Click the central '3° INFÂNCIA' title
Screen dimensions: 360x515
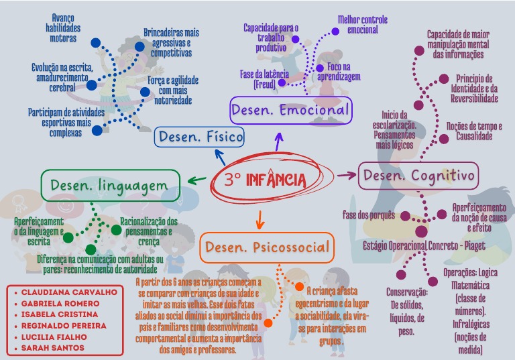[266, 180]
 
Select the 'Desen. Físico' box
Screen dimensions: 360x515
[199, 137]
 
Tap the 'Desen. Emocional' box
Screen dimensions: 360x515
[290, 110]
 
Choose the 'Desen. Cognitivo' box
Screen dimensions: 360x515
[419, 176]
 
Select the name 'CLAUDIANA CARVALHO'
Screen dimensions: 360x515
[68, 292]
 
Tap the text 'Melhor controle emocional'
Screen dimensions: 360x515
[362, 25]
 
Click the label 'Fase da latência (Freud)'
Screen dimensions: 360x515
[264, 79]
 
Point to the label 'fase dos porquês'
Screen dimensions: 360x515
[369, 215]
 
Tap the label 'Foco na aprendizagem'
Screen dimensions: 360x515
[343, 72]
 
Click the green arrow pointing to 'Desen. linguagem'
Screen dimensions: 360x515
[196, 179]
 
